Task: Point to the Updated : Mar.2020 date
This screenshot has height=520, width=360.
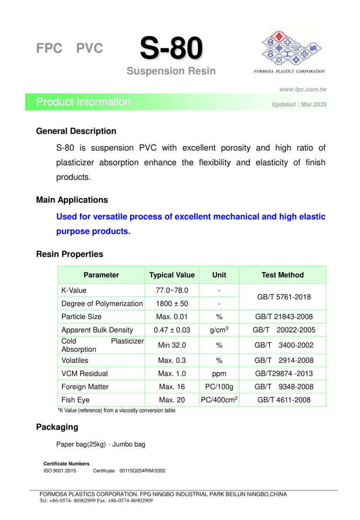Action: click(x=296, y=104)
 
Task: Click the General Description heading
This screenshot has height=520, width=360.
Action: click(x=76, y=131)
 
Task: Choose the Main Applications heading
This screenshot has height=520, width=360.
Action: click(x=72, y=200)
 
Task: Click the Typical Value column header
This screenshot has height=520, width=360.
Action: click(x=172, y=275)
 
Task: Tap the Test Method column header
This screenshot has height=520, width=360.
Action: click(x=282, y=275)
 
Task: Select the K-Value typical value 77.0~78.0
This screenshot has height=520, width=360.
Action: click(x=172, y=290)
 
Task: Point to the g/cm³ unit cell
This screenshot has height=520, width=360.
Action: click(x=219, y=330)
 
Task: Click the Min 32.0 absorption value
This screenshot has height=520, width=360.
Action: click(x=172, y=345)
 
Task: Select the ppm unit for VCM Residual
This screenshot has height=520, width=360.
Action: click(x=219, y=374)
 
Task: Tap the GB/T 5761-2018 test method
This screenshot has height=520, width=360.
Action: click(x=282, y=297)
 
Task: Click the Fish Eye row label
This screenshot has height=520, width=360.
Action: click(x=73, y=400)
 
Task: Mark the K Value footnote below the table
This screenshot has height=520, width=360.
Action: click(x=117, y=411)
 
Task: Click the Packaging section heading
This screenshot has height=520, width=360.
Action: click(x=57, y=427)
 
